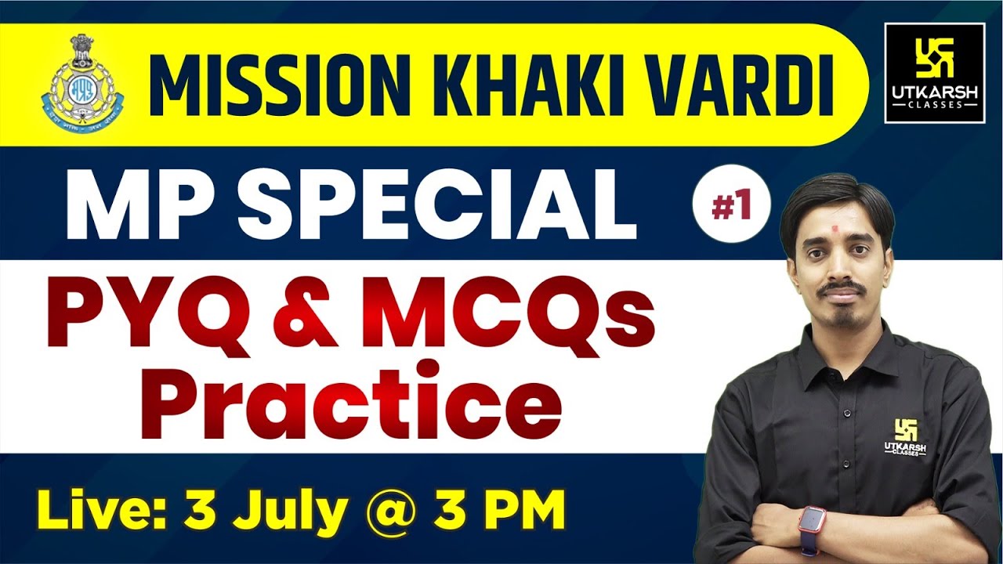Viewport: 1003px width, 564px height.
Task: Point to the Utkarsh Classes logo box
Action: (934, 73)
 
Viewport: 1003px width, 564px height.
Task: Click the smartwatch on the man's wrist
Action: (813, 519)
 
